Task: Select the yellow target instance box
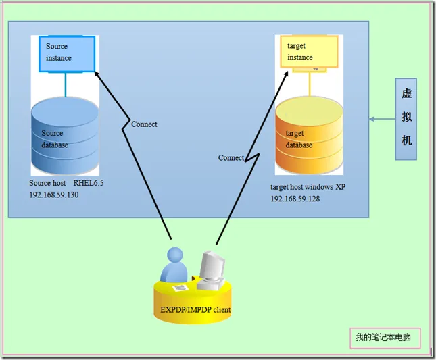click(x=309, y=52)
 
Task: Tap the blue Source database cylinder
click(x=65, y=135)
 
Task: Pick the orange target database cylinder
click(x=310, y=135)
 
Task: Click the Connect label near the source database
click(x=144, y=124)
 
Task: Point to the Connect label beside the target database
click(x=231, y=157)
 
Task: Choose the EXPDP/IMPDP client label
click(x=195, y=310)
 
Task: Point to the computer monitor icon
click(x=211, y=267)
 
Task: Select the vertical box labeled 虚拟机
click(x=406, y=119)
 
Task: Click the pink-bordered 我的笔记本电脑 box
click(x=383, y=338)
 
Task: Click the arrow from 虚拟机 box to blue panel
click(x=382, y=120)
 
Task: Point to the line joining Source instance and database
click(x=66, y=84)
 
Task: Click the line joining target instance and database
click(x=310, y=84)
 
